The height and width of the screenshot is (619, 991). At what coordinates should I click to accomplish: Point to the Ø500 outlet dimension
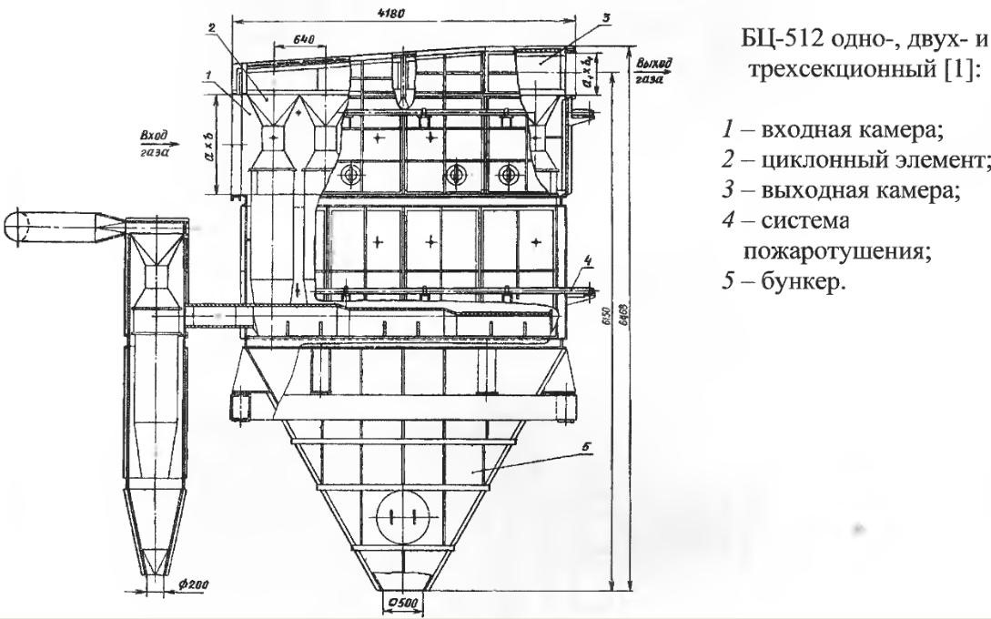tap(399, 604)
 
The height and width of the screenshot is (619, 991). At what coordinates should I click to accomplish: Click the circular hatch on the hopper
tap(400, 513)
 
